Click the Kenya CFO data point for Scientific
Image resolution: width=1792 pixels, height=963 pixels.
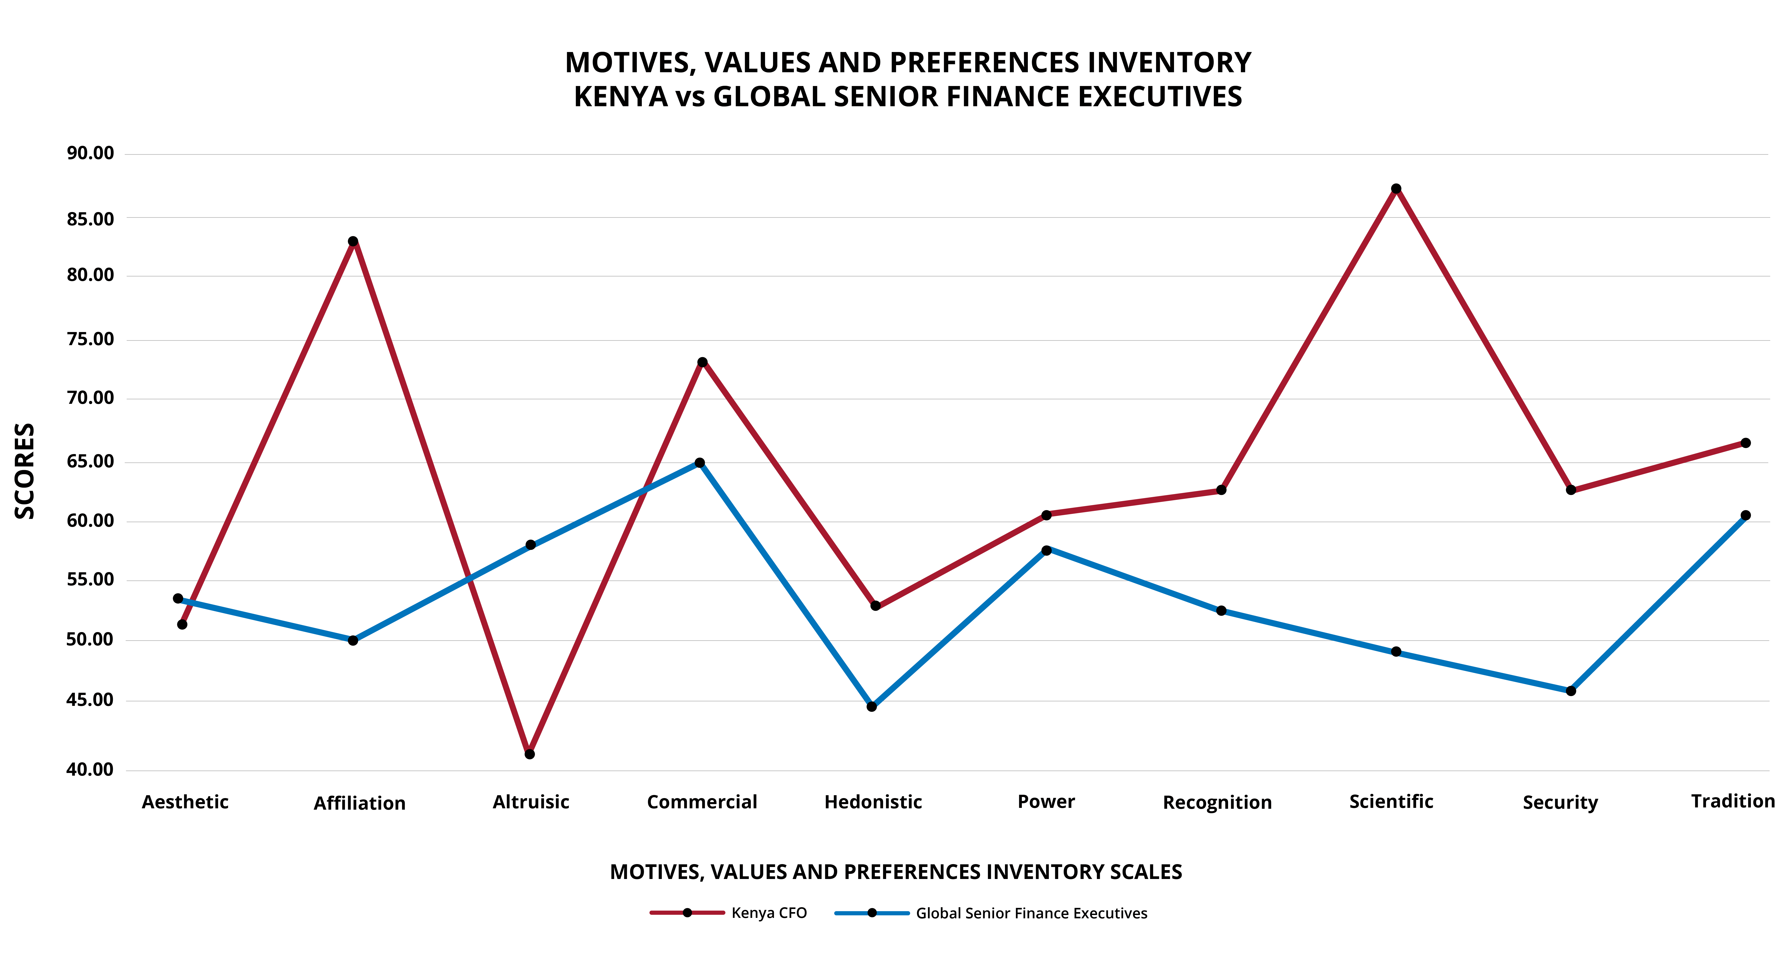tap(1396, 188)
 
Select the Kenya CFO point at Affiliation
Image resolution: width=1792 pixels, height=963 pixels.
tap(353, 241)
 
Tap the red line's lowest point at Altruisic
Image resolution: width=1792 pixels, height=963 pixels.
tap(530, 754)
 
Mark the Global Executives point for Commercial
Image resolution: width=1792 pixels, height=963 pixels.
tap(700, 463)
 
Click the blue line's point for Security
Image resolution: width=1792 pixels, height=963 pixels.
tap(1571, 691)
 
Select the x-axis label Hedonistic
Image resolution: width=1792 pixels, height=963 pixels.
tap(873, 802)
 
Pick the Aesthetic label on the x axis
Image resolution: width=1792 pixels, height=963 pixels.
tap(185, 802)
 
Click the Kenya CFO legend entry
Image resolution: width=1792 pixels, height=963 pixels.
tap(728, 913)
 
